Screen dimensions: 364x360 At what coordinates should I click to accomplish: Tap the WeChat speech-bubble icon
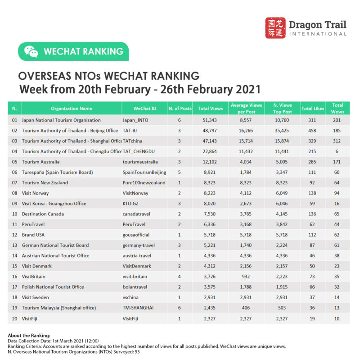(x=31, y=52)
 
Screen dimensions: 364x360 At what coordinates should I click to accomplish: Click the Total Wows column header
(x=337, y=108)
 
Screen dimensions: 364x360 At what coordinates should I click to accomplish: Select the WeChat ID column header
(x=145, y=109)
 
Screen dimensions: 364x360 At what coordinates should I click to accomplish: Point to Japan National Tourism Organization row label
(x=61, y=120)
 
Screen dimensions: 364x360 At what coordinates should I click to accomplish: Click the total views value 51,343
(x=210, y=120)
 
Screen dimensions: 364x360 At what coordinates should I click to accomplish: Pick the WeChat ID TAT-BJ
(x=130, y=131)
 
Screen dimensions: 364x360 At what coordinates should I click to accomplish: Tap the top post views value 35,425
(x=283, y=131)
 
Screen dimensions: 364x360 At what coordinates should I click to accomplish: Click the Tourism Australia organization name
(x=41, y=162)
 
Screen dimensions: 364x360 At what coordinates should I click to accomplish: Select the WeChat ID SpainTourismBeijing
(x=144, y=172)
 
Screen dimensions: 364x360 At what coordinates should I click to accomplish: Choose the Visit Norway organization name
(x=36, y=193)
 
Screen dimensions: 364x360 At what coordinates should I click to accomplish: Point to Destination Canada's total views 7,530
(x=210, y=214)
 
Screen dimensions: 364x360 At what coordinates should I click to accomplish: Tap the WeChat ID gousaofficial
(x=136, y=235)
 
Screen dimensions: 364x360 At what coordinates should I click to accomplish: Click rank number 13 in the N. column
(x=14, y=245)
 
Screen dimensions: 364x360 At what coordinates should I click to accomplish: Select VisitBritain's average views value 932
(x=246, y=276)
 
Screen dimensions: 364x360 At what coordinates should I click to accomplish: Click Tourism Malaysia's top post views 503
(x=283, y=308)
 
